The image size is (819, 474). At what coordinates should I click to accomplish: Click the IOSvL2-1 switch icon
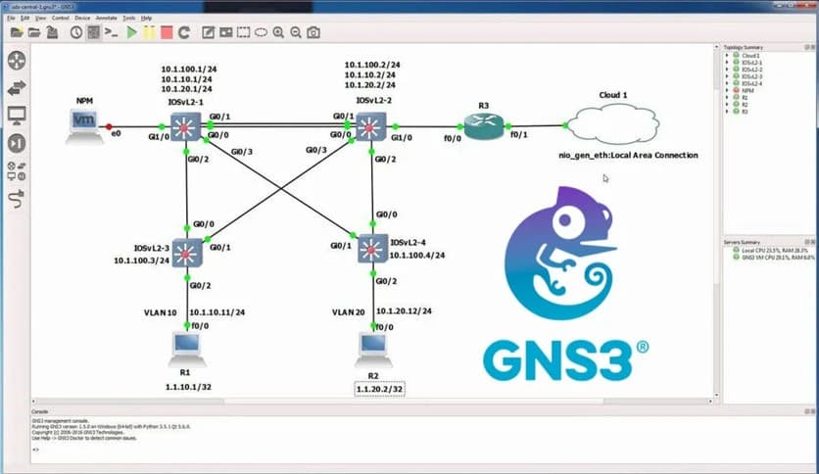(x=186, y=125)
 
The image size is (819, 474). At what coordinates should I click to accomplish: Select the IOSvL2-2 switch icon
(x=369, y=125)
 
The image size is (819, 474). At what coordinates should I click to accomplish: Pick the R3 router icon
(x=482, y=125)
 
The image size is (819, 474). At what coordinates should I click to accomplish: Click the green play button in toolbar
(x=132, y=32)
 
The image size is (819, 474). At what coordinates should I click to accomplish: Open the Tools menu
(x=128, y=18)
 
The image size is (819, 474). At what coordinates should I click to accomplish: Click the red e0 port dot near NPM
(x=109, y=125)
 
